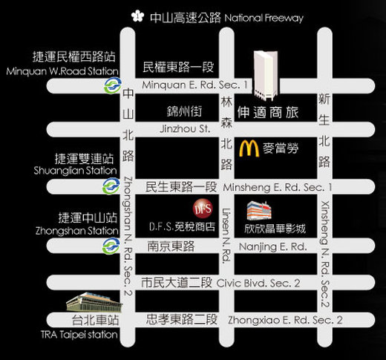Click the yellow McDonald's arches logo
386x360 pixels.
[249, 148]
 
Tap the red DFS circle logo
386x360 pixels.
[203, 209]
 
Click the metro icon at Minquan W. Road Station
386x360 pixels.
[113, 85]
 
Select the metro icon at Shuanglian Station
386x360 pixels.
[111, 186]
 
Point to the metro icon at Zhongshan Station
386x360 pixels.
[111, 246]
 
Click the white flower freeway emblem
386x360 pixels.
[137, 16]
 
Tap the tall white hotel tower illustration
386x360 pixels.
[266, 76]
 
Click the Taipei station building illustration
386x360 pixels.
[94, 302]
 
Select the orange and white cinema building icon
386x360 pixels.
[259, 211]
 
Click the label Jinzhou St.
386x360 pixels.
[185, 129]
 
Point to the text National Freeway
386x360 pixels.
[264, 19]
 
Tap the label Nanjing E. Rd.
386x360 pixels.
[273, 246]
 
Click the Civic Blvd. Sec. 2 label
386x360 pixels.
[258, 283]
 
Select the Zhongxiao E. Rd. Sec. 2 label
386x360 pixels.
[285, 320]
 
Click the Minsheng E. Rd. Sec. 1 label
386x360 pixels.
[278, 187]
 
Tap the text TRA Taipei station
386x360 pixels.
[79, 335]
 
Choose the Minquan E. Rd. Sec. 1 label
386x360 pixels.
[194, 85]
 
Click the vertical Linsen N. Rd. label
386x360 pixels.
[226, 236]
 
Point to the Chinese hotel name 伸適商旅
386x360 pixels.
[268, 113]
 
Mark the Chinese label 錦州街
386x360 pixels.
[184, 111]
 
